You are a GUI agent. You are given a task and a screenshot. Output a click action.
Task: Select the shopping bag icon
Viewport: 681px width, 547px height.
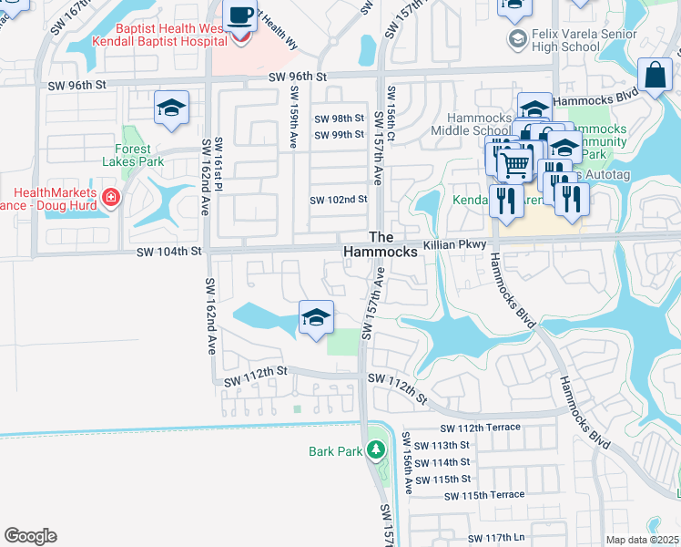(x=656, y=76)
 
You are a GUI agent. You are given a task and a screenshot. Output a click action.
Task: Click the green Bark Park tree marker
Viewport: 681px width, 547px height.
(x=374, y=450)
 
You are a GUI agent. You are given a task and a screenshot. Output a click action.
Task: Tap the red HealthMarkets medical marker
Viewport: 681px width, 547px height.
(x=110, y=197)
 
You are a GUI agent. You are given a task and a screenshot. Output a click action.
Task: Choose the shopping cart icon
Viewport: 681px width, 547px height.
(x=514, y=164)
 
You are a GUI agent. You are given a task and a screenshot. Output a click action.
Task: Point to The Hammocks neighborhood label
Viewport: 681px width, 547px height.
(x=381, y=243)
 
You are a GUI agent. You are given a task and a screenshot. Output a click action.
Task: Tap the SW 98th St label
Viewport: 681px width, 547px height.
(x=339, y=119)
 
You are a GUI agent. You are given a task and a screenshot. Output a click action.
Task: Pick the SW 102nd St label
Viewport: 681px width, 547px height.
(x=339, y=200)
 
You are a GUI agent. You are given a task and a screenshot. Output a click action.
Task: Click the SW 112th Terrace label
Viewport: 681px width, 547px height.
(x=480, y=428)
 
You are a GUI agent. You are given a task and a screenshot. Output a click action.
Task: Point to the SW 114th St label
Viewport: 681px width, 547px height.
(x=442, y=462)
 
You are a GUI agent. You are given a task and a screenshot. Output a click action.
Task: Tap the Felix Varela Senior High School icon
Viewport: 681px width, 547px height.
(x=517, y=38)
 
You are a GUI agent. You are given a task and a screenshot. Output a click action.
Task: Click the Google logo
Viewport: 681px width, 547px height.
(x=30, y=536)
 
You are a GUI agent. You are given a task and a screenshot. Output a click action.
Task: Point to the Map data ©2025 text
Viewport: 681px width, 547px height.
(x=642, y=540)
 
